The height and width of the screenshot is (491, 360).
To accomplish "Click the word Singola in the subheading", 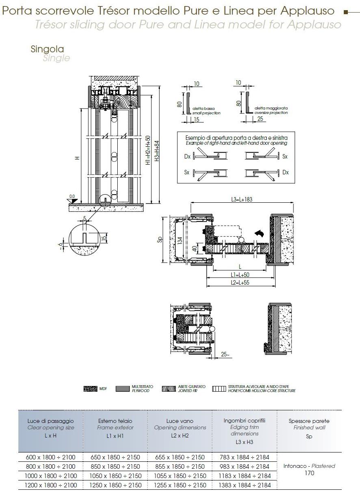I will point(47,49).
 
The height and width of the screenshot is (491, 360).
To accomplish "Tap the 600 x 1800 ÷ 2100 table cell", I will point(50,457).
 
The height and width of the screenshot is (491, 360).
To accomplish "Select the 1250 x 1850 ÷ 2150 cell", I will point(115,485).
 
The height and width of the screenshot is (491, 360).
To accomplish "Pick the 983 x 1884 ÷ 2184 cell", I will point(244,466).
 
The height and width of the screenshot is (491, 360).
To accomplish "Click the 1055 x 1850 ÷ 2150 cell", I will point(180,476).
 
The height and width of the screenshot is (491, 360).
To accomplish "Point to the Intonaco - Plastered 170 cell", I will point(309,469).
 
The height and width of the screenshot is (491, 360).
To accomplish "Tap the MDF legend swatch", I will point(90,389).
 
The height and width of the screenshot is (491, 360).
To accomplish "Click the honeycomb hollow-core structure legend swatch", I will point(219,389).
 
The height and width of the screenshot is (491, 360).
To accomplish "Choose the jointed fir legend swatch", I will point(168,389).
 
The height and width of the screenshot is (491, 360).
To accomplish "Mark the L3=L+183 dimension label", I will point(242,199).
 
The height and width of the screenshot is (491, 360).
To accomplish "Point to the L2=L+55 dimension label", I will point(239,283).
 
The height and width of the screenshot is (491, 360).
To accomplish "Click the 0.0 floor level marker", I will point(72,197).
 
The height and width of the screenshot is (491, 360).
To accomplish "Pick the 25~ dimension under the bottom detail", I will point(225,355).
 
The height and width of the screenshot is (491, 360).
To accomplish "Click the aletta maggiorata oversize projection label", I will point(271,110).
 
